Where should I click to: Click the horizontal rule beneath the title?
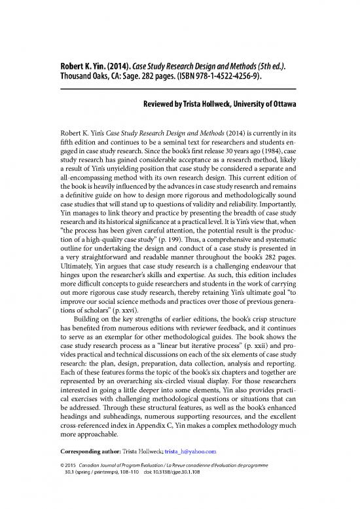[x=179, y=88]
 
